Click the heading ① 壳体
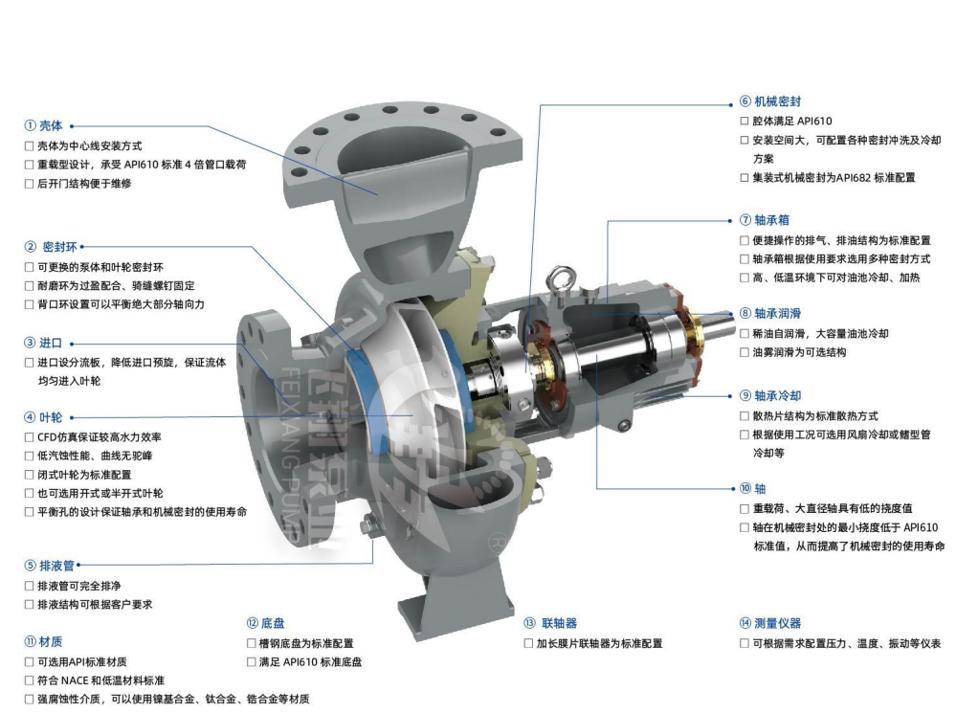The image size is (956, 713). [x=43, y=125]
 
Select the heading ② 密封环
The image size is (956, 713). [x=52, y=247]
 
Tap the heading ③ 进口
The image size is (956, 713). [x=43, y=343]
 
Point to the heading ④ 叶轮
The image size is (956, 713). [x=43, y=418]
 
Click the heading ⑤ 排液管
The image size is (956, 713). [x=50, y=566]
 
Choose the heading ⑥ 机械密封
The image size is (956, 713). [x=770, y=101]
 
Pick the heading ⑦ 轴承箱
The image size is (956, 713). [x=765, y=220]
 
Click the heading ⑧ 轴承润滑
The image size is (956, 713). [x=770, y=314]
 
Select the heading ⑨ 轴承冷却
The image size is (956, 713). [x=770, y=396]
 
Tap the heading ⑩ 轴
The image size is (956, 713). [x=753, y=488]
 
